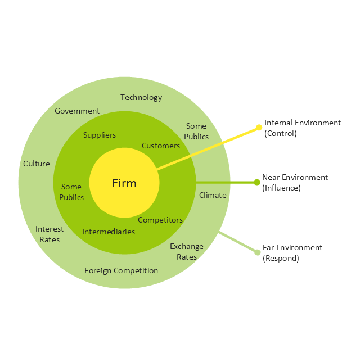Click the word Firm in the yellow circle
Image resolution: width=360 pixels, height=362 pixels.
(124, 183)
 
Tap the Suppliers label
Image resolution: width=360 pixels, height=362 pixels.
(100, 135)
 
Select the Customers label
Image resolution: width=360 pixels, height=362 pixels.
(161, 146)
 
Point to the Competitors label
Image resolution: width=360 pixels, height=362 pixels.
(160, 220)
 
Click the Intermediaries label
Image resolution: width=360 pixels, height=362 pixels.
(109, 232)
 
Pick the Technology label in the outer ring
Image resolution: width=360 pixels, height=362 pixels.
(141, 97)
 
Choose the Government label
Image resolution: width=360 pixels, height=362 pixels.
(77, 111)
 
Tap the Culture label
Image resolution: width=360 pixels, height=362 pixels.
(37, 164)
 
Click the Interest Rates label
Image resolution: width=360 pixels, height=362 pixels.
(49, 234)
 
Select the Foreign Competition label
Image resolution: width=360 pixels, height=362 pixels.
(121, 270)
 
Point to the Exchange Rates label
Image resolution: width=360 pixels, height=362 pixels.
(187, 251)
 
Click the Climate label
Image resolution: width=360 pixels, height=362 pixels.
(213, 195)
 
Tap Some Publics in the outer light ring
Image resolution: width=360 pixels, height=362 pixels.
(197, 132)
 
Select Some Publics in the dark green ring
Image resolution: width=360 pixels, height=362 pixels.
(71, 192)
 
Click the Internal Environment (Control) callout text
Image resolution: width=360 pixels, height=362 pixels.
(303, 128)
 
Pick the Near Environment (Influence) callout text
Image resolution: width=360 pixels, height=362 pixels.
(295, 182)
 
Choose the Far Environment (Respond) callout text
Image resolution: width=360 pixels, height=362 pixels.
(292, 252)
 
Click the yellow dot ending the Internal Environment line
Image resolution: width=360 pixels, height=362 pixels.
(259, 127)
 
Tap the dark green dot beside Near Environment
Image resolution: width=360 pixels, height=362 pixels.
(257, 182)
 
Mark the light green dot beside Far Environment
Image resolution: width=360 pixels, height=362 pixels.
(257, 252)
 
